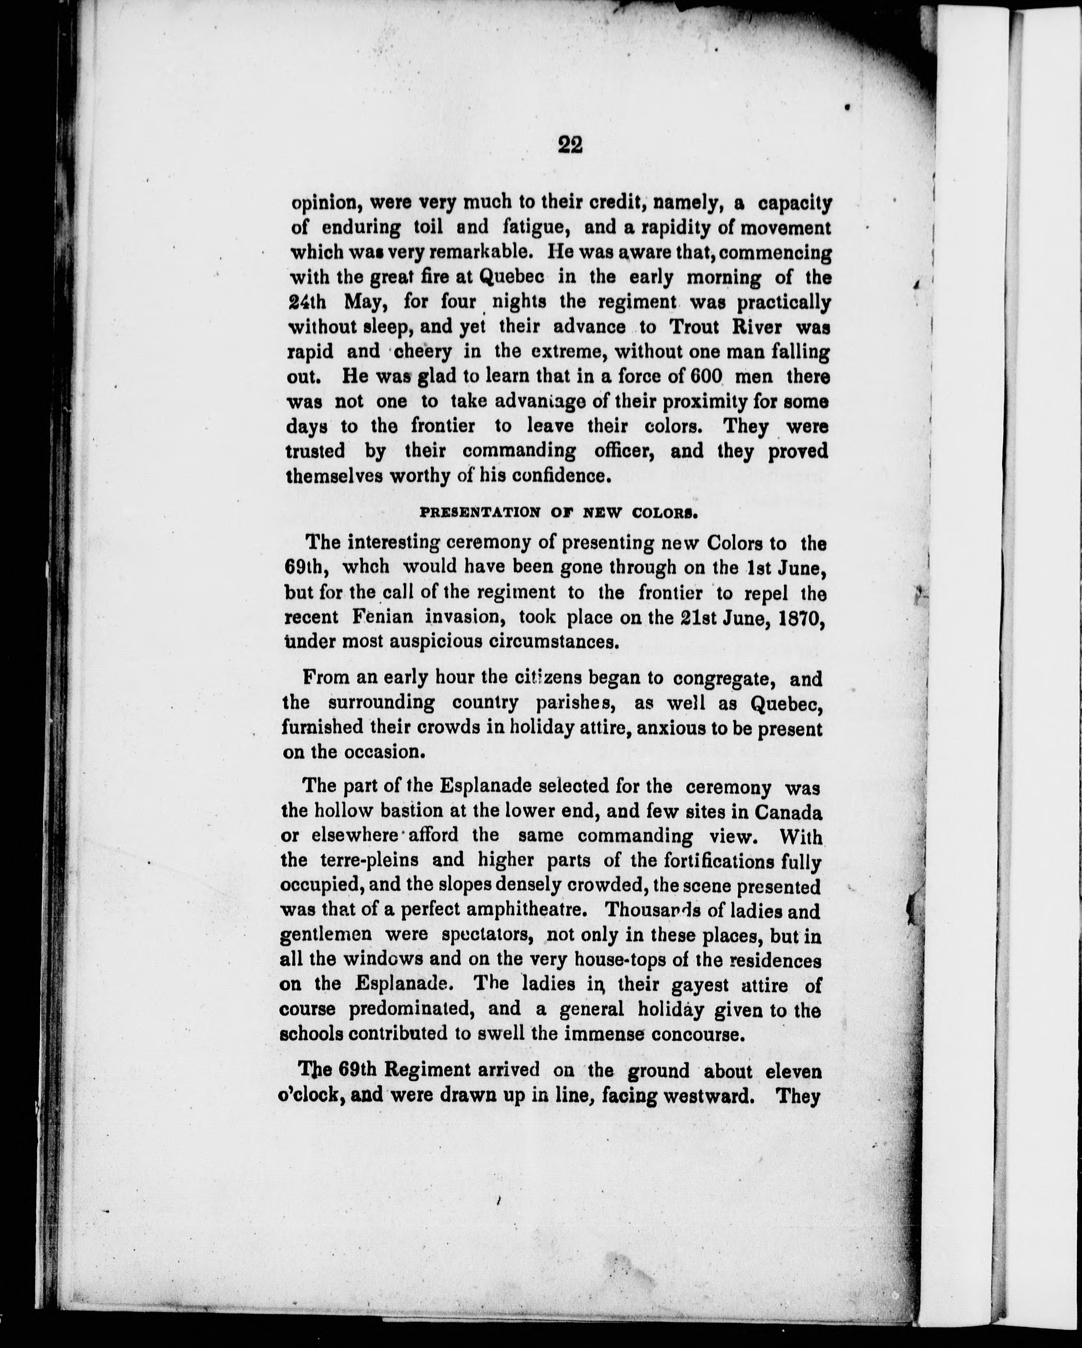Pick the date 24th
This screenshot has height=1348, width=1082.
(310, 302)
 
